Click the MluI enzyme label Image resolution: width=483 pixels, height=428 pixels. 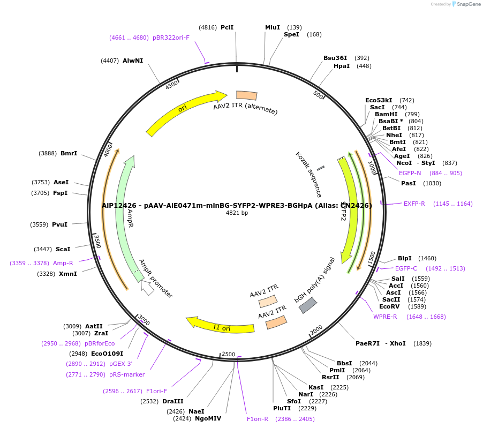(x=273, y=27)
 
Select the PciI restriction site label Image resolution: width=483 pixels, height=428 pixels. (x=227, y=27)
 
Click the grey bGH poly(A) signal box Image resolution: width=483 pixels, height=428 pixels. (x=307, y=305)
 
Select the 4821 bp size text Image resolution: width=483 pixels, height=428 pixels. (x=237, y=213)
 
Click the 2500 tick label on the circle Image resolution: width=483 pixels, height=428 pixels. (x=229, y=354)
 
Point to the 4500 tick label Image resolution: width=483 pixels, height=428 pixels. (x=172, y=85)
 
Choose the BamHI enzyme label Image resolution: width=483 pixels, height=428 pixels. (x=386, y=114)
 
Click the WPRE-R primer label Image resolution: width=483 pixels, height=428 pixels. (x=385, y=317)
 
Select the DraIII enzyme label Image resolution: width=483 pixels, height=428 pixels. (x=172, y=401)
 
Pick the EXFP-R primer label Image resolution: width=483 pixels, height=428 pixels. (x=414, y=204)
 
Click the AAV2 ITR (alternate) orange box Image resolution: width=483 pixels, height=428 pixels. (x=246, y=95)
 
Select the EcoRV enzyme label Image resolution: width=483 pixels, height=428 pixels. (x=389, y=306)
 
